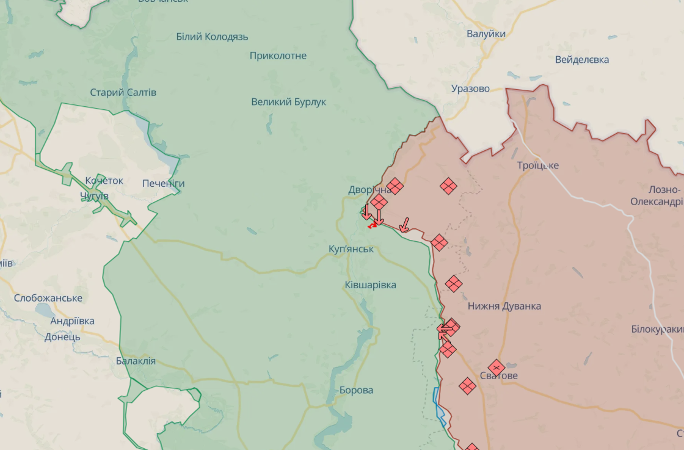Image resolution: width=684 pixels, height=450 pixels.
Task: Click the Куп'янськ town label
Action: (x=351, y=249)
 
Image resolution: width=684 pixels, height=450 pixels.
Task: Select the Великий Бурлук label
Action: (x=288, y=102)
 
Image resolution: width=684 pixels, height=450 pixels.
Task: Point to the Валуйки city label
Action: (x=486, y=34)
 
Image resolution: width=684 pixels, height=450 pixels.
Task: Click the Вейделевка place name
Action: (x=581, y=60)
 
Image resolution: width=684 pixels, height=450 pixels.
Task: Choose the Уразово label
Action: (x=470, y=89)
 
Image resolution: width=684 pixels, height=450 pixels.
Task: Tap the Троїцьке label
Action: (x=537, y=165)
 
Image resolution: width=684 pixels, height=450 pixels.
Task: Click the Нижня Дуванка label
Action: (x=504, y=306)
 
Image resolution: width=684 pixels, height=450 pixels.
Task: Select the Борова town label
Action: (x=356, y=390)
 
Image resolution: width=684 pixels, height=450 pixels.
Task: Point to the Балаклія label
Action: (x=136, y=361)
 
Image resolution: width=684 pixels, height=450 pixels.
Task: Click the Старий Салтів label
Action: (x=123, y=93)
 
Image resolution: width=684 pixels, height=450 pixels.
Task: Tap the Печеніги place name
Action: (x=163, y=183)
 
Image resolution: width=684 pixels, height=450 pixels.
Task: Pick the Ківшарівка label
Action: (x=370, y=285)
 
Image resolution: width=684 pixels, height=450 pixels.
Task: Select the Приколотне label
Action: (x=278, y=56)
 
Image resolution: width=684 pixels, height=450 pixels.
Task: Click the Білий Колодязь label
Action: (x=212, y=37)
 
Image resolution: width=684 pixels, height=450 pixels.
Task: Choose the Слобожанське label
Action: (x=48, y=298)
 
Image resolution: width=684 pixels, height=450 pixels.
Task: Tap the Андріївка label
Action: (x=72, y=321)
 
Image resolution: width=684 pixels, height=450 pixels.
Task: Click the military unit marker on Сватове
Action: (x=497, y=367)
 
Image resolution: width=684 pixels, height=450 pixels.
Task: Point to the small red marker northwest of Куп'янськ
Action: (x=371, y=225)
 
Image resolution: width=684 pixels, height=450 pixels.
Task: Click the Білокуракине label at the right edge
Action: (x=657, y=329)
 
